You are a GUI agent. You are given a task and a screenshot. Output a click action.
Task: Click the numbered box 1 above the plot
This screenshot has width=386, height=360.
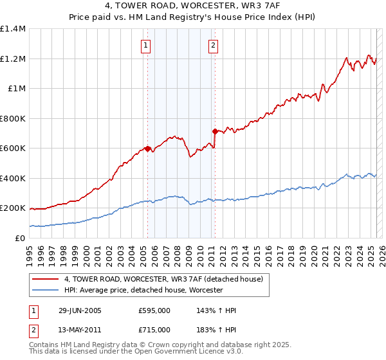point(147,45)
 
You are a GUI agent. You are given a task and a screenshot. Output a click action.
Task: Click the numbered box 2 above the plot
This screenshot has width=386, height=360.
point(213,45)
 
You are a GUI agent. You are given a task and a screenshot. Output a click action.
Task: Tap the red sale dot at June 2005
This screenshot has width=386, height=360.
point(147,148)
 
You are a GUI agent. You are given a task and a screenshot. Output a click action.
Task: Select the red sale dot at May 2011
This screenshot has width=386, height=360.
point(215,131)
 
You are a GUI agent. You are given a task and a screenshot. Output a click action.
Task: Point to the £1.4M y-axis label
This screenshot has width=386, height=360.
point(13,29)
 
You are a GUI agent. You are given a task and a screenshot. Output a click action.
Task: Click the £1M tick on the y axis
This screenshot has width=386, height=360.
point(15,89)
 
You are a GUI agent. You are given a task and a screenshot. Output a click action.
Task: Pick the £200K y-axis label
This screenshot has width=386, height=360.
point(13,208)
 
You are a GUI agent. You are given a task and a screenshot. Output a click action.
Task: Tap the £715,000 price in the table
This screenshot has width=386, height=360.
point(154,330)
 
